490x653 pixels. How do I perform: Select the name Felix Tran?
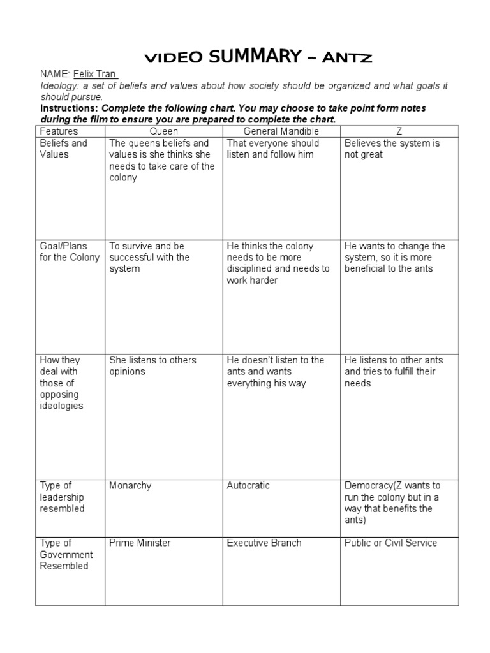click(x=95, y=75)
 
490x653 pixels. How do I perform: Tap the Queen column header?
click(x=163, y=131)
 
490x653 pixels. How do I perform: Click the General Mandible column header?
click(x=281, y=131)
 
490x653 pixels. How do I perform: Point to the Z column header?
click(x=399, y=131)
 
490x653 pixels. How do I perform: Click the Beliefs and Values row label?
click(x=64, y=149)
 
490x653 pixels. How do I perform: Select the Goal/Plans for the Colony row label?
click(x=70, y=252)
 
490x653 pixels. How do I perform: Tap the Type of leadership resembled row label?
click(x=62, y=497)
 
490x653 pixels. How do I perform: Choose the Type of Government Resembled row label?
click(x=66, y=554)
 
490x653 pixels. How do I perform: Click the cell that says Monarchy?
click(x=131, y=486)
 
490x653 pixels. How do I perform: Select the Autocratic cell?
click(x=248, y=486)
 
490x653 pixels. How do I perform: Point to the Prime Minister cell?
click(x=140, y=543)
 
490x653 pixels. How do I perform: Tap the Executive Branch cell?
click(x=264, y=543)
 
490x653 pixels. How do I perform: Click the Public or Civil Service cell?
click(x=390, y=543)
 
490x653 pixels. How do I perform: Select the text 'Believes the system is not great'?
click(x=392, y=149)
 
